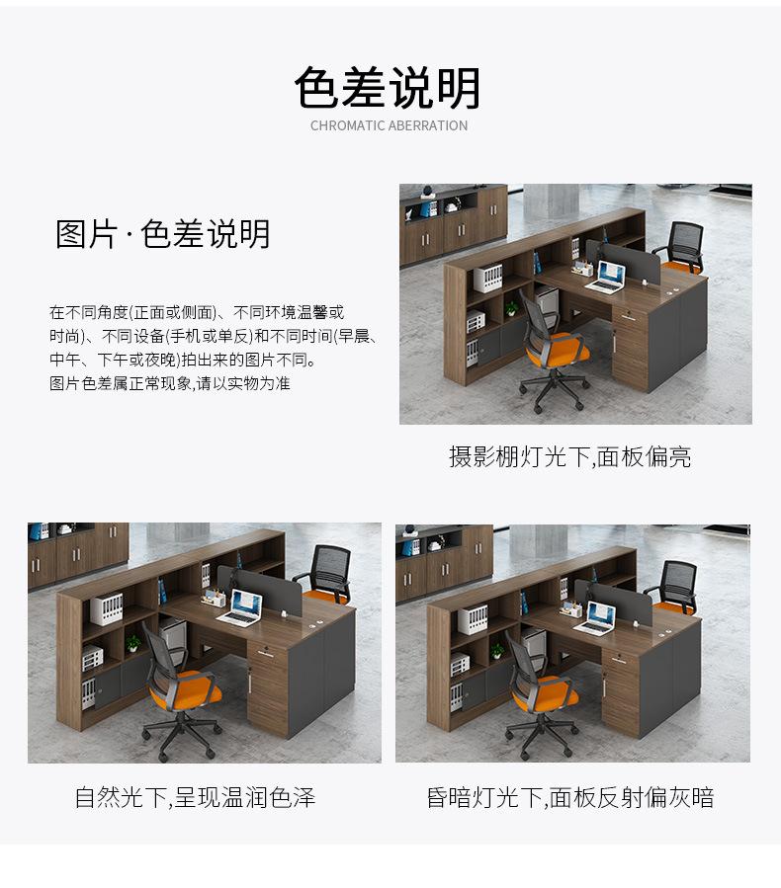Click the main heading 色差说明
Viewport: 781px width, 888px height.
389,87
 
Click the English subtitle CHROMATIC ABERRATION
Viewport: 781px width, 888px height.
389,125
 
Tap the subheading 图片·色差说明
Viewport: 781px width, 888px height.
162,234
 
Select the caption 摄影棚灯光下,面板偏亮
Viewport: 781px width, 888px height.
569,456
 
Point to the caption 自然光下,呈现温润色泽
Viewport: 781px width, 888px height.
195,797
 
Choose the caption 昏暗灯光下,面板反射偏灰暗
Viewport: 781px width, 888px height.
570,797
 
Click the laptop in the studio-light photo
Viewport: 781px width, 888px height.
606,278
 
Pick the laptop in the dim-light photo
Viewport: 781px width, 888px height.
595,618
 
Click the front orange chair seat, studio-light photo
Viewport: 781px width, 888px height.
559,350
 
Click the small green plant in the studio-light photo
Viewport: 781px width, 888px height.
512,308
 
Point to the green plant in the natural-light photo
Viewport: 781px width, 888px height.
133,643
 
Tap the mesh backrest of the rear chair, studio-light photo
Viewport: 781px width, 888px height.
686,241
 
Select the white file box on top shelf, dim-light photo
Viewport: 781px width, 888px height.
473,618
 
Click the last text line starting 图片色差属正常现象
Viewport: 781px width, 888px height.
169,383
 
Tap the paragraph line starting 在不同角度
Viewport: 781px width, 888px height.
197,312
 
